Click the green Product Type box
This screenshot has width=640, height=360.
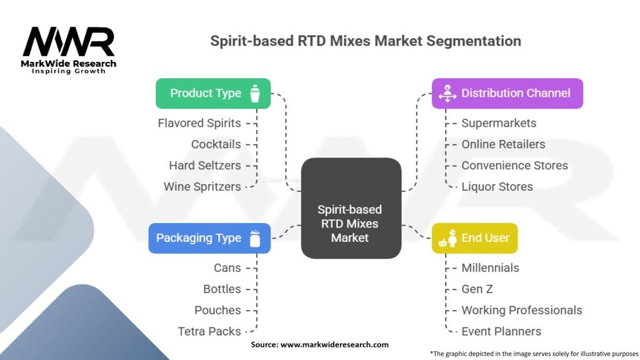tap(213, 94)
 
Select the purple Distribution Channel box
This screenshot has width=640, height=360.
tap(507, 94)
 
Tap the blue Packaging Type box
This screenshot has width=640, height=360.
tap(209, 238)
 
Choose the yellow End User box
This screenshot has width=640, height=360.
tap(475, 238)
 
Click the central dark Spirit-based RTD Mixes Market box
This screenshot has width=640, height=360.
tap(351, 208)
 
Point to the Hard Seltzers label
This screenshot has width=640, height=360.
tap(205, 165)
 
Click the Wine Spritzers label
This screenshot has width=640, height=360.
tap(202, 186)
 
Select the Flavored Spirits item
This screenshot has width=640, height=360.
tap(199, 123)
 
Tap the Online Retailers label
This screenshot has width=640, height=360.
tap(503, 144)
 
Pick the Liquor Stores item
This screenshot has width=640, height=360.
tap(497, 186)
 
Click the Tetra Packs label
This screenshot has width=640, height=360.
tap(209, 331)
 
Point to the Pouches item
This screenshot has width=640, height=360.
tap(217, 310)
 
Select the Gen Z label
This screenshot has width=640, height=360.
tap(477, 289)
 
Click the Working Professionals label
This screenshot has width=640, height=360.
tap(522, 310)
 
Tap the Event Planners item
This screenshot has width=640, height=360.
tap(501, 331)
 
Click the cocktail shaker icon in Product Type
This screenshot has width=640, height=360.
tap(255, 94)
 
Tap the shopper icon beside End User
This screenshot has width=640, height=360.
tap(447, 238)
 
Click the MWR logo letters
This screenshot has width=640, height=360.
tap(69, 42)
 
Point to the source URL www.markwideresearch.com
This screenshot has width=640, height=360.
tap(334, 344)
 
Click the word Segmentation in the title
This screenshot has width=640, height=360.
tap(474, 41)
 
